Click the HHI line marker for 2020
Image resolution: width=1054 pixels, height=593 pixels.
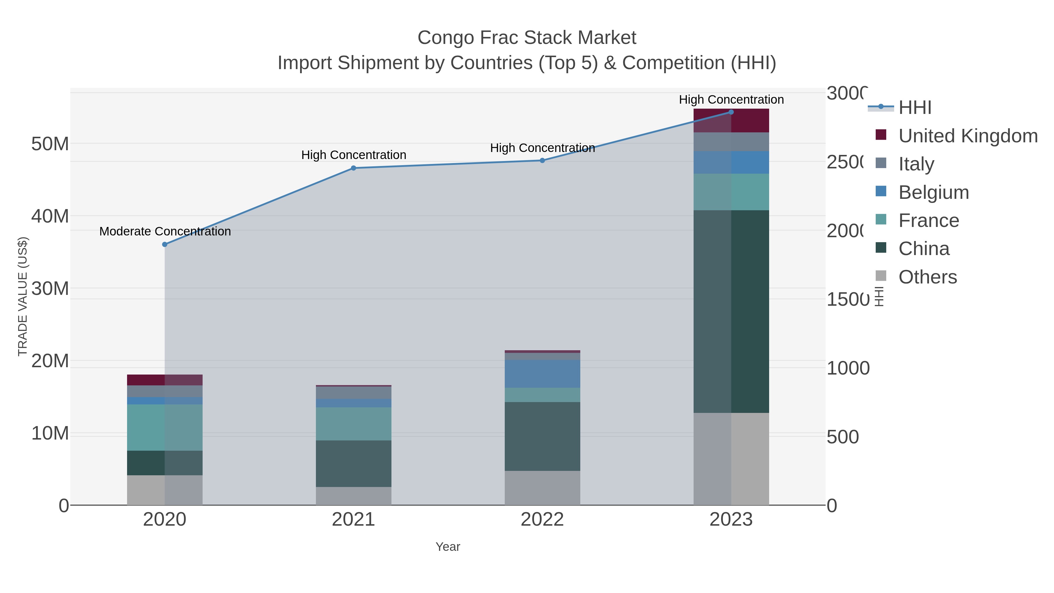pos(165,244)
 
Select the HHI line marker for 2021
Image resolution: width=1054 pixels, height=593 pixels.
pos(353,168)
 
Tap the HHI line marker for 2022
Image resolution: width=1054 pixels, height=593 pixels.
pos(542,160)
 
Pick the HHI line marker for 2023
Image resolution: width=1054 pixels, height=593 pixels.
pos(731,112)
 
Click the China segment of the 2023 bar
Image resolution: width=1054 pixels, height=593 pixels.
pos(731,311)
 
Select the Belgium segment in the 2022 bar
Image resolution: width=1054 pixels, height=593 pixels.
pos(542,374)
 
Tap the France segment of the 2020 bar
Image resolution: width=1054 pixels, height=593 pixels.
pos(165,427)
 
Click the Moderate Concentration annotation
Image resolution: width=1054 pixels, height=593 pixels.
pos(165,231)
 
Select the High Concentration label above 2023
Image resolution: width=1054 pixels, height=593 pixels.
pos(731,100)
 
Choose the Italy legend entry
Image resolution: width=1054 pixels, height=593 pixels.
pos(916,164)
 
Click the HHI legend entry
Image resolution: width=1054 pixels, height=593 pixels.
pos(915,108)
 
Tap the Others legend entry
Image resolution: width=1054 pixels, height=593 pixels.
pos(928,277)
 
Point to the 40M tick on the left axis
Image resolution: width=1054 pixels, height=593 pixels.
pos(50,216)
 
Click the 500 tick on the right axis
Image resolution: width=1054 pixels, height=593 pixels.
pos(842,437)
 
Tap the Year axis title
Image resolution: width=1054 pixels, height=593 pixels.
pos(448,547)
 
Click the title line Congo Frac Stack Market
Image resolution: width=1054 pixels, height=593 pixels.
pos(527,38)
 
